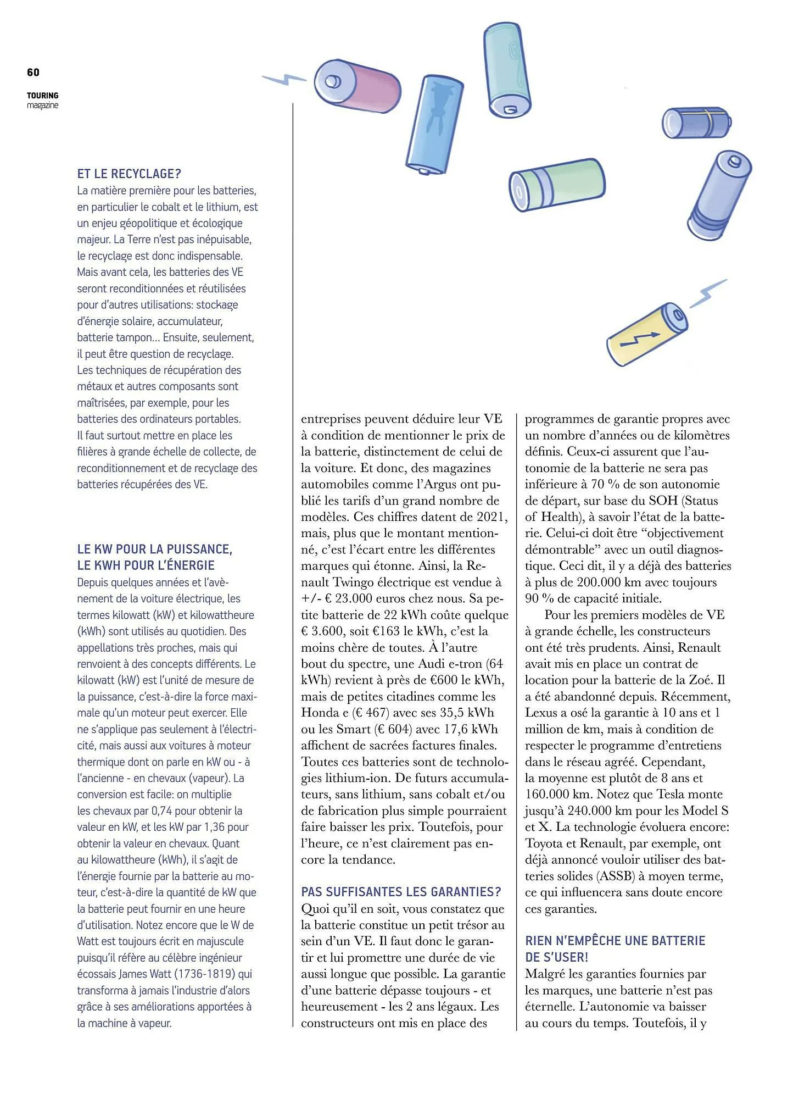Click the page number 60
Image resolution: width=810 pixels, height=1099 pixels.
(33, 73)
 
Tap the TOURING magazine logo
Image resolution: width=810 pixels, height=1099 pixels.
(42, 100)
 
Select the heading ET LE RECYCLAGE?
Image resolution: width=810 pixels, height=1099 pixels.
(129, 174)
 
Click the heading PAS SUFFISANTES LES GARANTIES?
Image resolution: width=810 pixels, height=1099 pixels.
(401, 892)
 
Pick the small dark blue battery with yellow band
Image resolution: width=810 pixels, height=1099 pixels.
(696, 123)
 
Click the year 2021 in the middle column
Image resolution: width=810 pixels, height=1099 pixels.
(492, 517)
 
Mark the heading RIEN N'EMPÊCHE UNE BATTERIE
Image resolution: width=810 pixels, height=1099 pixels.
(615, 941)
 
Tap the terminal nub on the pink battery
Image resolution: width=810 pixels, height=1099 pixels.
(332, 81)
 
